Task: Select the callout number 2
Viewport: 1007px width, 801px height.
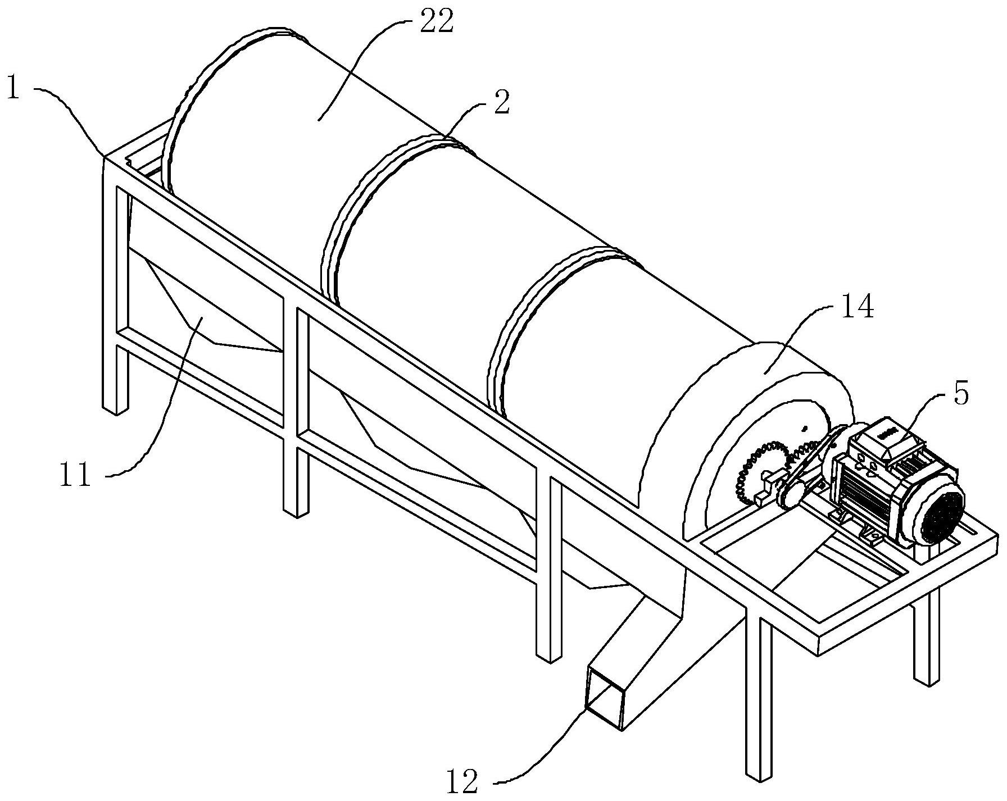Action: (502, 103)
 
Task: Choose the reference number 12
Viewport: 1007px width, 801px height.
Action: (462, 781)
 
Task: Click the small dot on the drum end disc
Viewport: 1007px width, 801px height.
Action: (805, 429)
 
